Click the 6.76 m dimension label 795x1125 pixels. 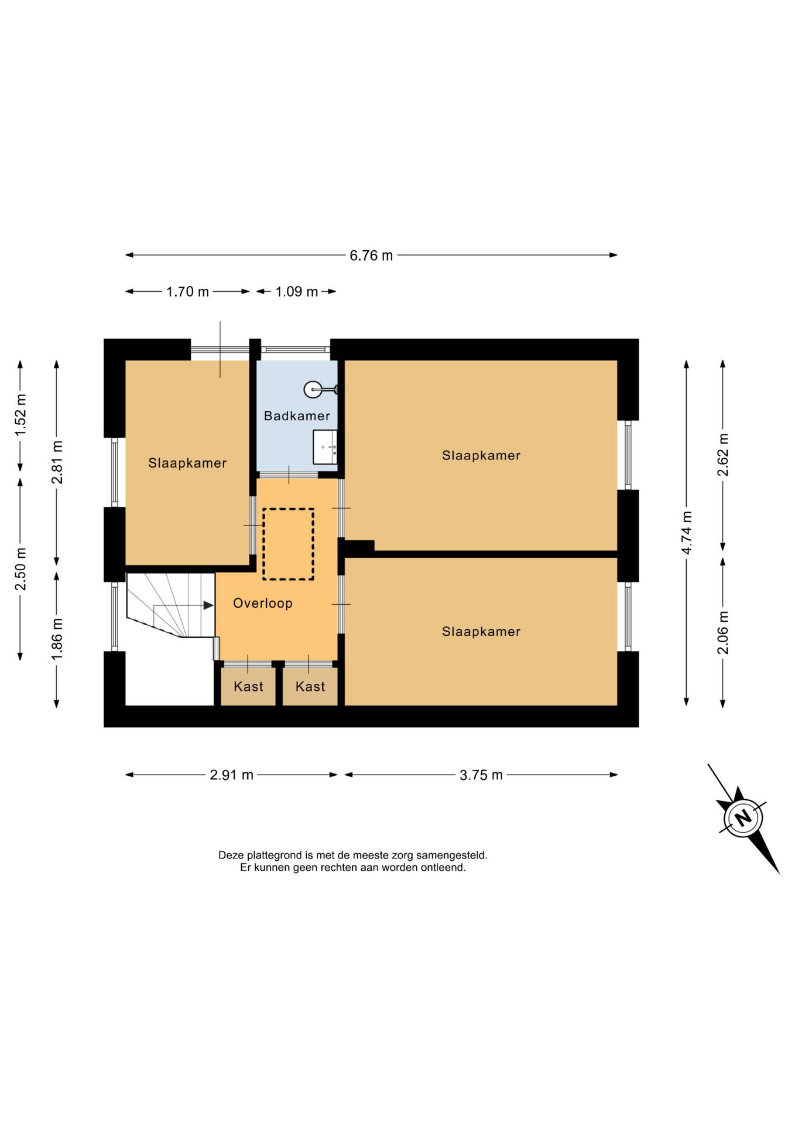[371, 255]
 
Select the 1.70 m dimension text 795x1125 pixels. [187, 292]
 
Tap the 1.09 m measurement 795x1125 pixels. [296, 292]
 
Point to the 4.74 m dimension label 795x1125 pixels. [687, 532]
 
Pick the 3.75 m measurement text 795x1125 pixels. [481, 775]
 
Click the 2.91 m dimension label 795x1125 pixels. [231, 775]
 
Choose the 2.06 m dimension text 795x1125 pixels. [723, 632]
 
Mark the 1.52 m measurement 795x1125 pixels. [20, 414]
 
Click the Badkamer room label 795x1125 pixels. [297, 416]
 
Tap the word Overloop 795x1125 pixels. [263, 603]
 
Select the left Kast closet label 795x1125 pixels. [248, 687]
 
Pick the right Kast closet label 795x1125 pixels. [310, 687]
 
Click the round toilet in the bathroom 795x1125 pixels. [313, 389]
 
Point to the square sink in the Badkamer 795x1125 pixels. [325, 447]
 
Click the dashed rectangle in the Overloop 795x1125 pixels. [288, 544]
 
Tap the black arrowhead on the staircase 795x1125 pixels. [208, 605]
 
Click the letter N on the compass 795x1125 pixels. [743, 817]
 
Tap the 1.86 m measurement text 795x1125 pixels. [57, 639]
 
